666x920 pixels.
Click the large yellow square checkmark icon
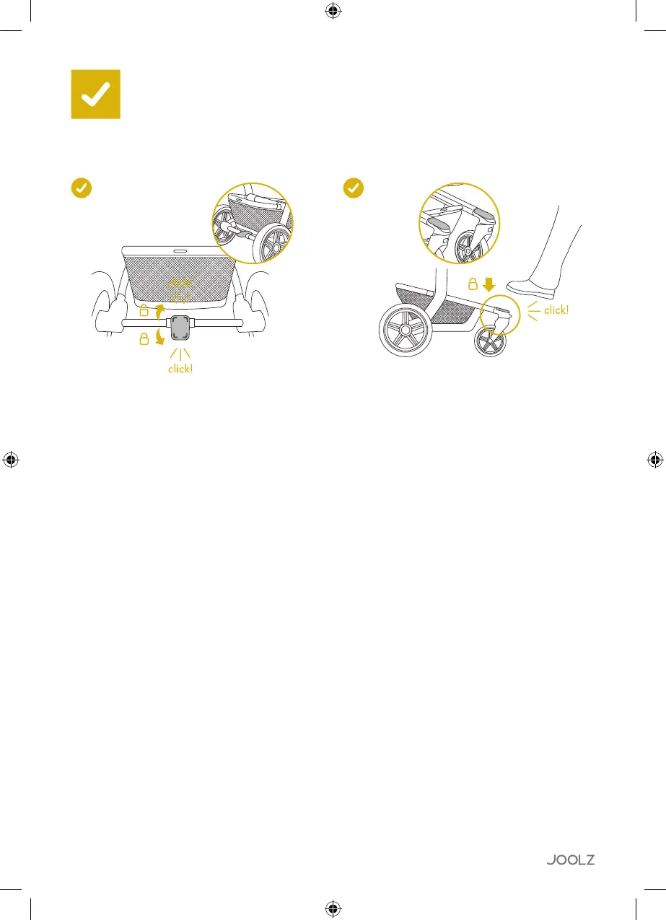[95, 94]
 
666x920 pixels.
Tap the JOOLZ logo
[570, 859]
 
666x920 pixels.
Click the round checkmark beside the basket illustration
[82, 188]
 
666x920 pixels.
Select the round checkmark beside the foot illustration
[352, 188]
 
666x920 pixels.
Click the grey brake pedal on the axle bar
[180, 329]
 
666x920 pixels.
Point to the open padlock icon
[144, 311]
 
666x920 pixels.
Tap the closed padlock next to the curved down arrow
[144, 339]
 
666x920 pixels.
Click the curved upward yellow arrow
[160, 311]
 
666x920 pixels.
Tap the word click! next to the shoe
[556, 310]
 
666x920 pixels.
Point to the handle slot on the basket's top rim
[180, 250]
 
